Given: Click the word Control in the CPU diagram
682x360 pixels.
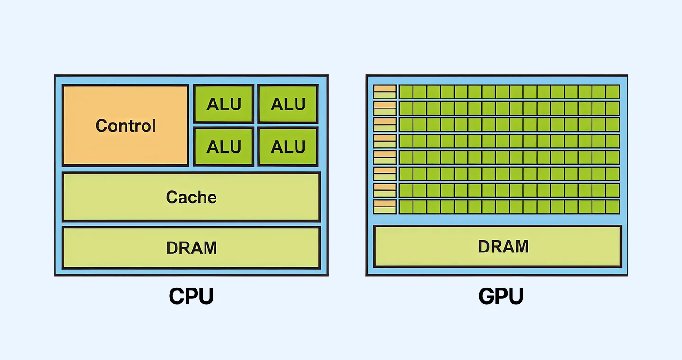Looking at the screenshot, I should pyautogui.click(x=126, y=126).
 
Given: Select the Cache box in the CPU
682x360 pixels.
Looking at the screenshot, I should pyautogui.click(x=191, y=197).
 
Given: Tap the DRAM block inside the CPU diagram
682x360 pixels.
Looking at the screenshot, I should pyautogui.click(x=191, y=248).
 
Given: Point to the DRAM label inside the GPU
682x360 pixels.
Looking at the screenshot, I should pyautogui.click(x=503, y=246).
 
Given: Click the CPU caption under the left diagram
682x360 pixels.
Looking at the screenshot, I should pyautogui.click(x=191, y=297).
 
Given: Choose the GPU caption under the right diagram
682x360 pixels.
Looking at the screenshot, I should pyautogui.click(x=501, y=297).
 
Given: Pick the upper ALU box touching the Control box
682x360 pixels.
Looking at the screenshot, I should pyautogui.click(x=224, y=104).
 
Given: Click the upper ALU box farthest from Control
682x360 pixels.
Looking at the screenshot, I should pyautogui.click(x=288, y=104).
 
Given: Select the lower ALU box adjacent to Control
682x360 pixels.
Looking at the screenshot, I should pyautogui.click(x=224, y=146).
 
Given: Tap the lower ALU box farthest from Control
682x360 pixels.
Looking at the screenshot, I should pyautogui.click(x=288, y=146).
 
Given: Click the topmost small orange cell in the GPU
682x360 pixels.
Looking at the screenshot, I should pyautogui.click(x=385, y=89).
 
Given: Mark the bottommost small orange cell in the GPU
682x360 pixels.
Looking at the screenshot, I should pyautogui.click(x=385, y=203).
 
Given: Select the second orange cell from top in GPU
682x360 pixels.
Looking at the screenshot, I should pyautogui.click(x=385, y=105).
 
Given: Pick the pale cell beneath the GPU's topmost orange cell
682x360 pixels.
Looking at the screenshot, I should pyautogui.click(x=385, y=95).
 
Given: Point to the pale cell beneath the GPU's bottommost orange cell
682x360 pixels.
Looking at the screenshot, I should pyautogui.click(x=385, y=210).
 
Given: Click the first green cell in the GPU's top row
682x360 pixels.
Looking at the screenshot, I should pyautogui.click(x=406, y=92).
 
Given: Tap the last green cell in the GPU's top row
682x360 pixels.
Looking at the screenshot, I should pyautogui.click(x=612, y=92).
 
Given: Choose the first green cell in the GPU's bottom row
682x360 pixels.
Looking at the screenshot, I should pyautogui.click(x=406, y=207).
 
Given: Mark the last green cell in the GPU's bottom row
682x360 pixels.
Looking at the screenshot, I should pyautogui.click(x=612, y=207).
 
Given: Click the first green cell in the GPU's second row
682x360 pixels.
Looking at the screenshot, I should pyautogui.click(x=406, y=108).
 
